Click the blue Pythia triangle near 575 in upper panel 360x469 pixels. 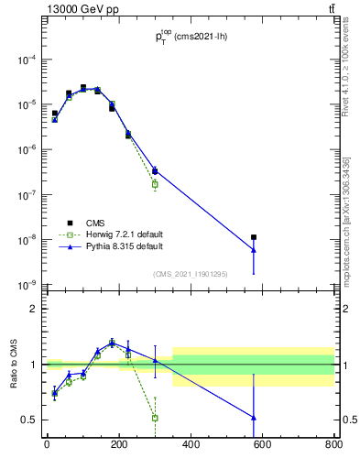click(254, 250)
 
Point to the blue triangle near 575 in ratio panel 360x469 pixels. click(254, 418)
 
